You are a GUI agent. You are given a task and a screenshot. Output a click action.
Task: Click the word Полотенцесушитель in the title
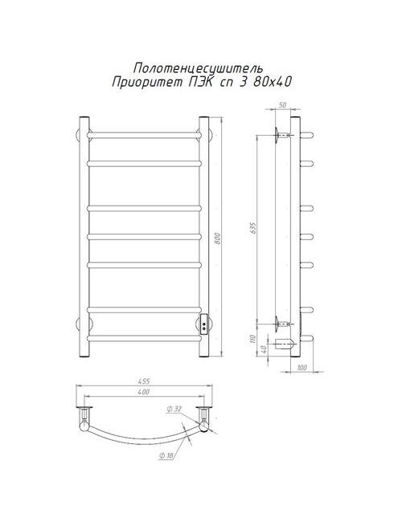coord(198,68)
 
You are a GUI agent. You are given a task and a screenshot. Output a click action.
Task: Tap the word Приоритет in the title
coord(147,82)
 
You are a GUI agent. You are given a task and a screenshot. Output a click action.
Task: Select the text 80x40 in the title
coord(272,82)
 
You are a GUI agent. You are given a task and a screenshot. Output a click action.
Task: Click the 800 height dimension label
coord(218,238)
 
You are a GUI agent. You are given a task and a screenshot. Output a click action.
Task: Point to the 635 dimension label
coord(253,228)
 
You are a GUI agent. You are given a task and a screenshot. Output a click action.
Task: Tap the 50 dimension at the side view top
coord(283,105)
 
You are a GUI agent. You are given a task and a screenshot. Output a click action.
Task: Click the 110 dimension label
coord(253,339)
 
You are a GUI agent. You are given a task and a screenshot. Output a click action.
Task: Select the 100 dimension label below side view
coord(302,368)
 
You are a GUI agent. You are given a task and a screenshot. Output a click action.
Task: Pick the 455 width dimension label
coord(144,381)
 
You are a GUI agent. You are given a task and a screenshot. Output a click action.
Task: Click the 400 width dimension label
coord(144,391)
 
